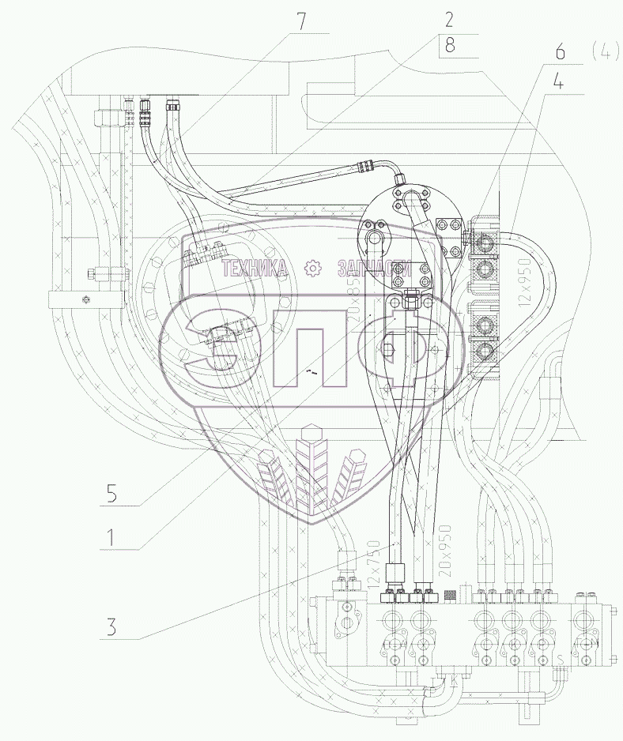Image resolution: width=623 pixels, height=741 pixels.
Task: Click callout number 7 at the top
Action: click(300, 21)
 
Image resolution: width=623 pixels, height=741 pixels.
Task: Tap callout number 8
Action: click(450, 46)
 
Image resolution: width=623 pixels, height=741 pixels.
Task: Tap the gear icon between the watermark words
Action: click(314, 269)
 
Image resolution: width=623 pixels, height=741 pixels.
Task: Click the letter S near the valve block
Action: click(561, 658)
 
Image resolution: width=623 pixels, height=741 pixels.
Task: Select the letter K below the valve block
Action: click(454, 679)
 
